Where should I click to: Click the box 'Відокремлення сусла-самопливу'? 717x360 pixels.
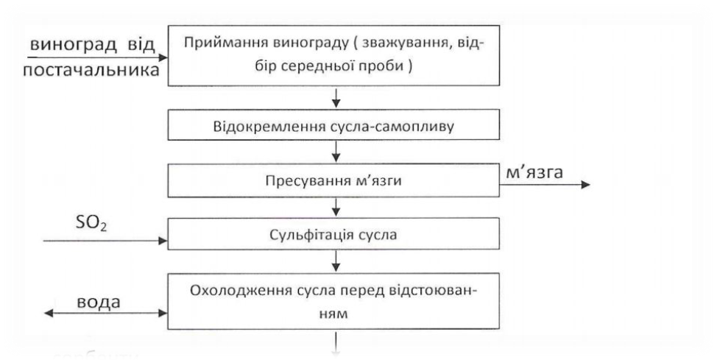click(336, 125)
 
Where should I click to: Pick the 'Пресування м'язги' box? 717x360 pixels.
click(336, 180)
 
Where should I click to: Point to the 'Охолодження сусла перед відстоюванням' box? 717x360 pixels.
click(336, 300)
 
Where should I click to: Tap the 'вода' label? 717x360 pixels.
click(100, 303)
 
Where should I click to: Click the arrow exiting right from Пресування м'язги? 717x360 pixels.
click(545, 185)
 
